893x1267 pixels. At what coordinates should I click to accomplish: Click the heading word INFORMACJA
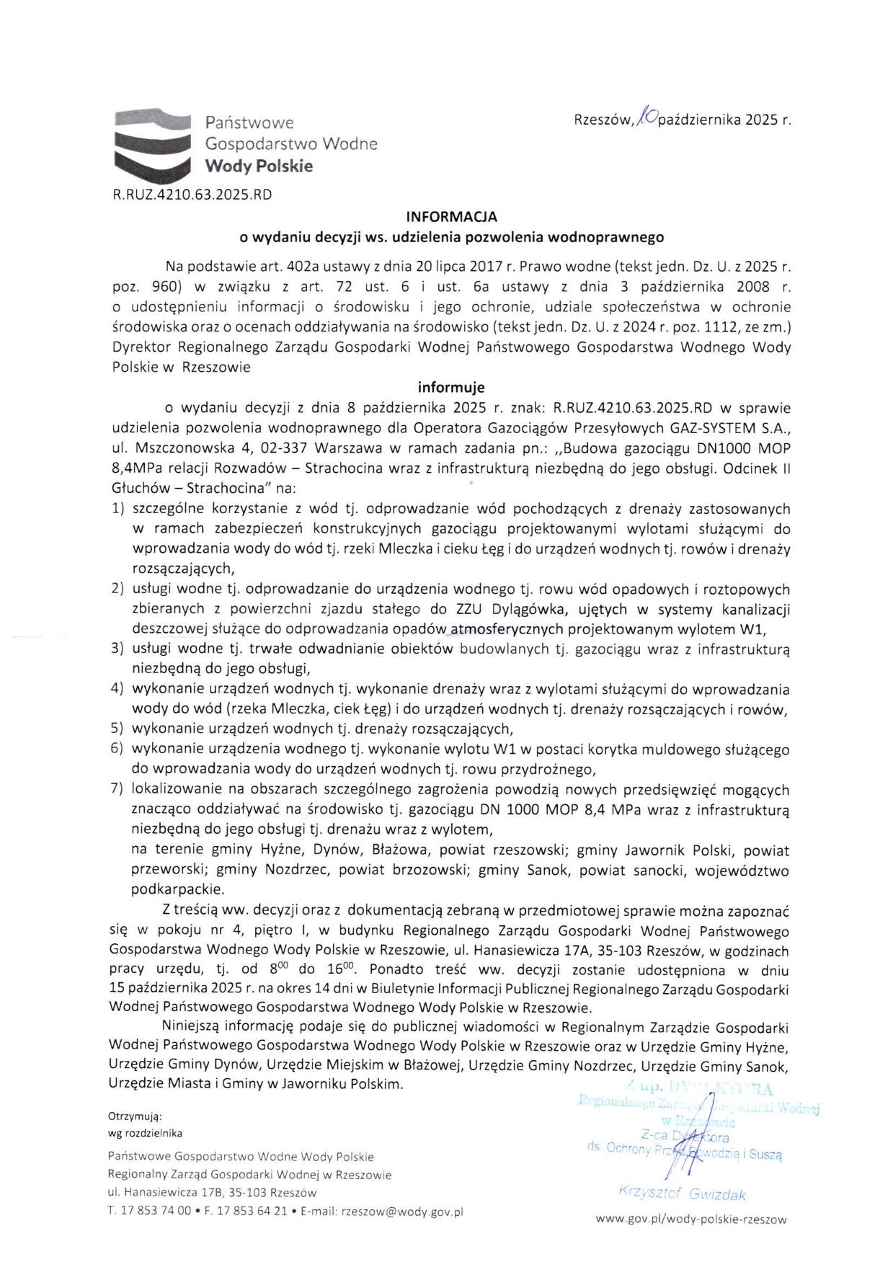pos(451,216)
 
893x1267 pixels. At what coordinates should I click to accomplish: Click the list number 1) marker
pos(119,510)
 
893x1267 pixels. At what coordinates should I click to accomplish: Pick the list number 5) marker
pos(118,729)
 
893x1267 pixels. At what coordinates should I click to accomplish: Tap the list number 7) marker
pos(118,790)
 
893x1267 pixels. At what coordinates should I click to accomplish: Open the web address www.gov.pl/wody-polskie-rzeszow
pos(690,1220)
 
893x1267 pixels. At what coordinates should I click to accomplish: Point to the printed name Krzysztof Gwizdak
pos(681,1193)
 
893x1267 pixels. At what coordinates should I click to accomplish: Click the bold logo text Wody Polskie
pos(259,166)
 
